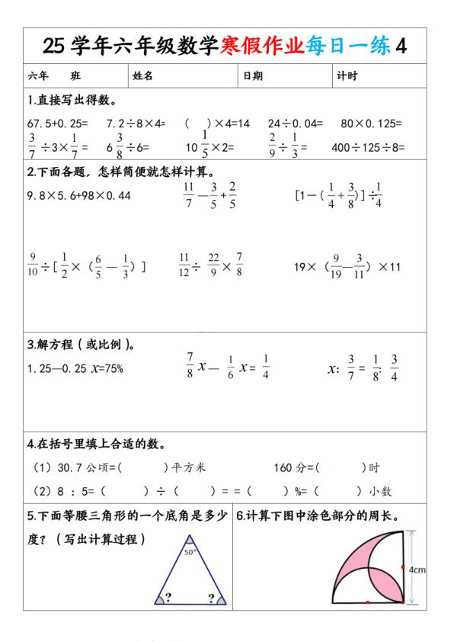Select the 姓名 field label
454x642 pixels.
[143, 75]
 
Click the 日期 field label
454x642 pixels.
[253, 75]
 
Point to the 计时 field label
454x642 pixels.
[347, 75]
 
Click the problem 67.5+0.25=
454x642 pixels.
[57, 123]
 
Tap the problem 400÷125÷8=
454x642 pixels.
[368, 147]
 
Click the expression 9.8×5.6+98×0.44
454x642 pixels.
[78, 195]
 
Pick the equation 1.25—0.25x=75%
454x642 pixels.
[75, 368]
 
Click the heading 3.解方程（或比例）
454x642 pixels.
[82, 344]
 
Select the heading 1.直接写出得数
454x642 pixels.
[72, 100]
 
